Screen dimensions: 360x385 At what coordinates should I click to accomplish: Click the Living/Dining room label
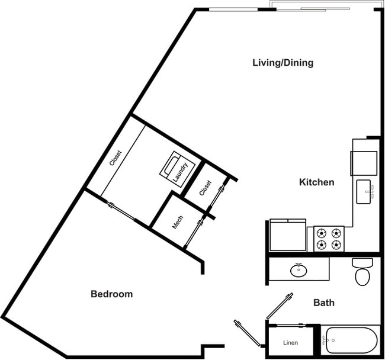283,63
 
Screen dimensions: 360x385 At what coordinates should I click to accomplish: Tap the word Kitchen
316,182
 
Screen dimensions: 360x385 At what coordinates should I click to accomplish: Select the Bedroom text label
111,294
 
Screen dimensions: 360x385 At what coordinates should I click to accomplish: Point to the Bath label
323,303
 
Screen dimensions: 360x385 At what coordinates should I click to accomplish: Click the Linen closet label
290,343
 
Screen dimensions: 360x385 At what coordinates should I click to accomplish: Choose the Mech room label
178,222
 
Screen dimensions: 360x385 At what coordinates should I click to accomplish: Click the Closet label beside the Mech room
205,188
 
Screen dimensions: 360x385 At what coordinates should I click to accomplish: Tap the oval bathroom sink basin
299,271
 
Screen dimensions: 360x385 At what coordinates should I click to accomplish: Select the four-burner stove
329,239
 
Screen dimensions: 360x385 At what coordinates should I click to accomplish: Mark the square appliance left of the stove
288,235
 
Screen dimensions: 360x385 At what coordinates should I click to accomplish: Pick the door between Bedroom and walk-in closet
121,212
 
